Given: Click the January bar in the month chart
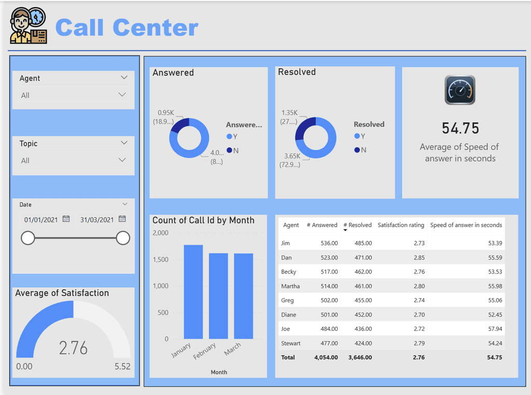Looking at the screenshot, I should [193, 292].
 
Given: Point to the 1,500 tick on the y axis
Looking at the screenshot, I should [160, 259].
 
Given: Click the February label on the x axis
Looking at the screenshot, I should [204, 352].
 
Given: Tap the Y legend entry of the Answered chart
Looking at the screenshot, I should [232, 137].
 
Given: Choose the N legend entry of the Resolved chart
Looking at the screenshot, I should [360, 150].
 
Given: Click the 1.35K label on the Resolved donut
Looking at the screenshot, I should [289, 113].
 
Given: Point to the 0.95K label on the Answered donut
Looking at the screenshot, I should [166, 113].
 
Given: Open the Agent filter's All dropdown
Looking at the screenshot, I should [73, 95].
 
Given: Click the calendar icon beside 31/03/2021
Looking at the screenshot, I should [122, 219].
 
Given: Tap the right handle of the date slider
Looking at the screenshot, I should [123, 238].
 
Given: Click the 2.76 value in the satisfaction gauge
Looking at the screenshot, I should [73, 348].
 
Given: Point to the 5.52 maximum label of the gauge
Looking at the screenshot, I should [122, 367].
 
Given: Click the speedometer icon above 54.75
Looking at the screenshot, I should [460, 90].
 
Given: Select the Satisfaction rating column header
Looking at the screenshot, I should [401, 225].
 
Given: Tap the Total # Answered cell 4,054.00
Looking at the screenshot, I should [326, 357].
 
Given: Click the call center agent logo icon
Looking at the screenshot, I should [29, 26].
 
